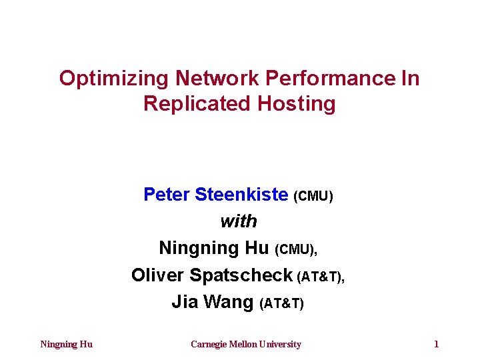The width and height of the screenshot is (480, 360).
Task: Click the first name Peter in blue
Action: click(167, 195)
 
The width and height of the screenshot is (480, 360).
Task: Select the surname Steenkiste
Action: click(241, 195)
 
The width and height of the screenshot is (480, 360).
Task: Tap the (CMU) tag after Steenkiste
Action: click(313, 196)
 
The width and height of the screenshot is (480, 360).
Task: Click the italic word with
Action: click(238, 221)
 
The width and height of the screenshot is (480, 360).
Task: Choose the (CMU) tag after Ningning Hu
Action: click(296, 249)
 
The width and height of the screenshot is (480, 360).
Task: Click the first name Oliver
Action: click(158, 275)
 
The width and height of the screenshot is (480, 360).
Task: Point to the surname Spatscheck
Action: click(241, 275)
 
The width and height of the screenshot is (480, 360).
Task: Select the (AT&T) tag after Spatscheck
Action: click(321, 277)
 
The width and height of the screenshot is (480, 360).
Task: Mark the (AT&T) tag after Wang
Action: click(281, 303)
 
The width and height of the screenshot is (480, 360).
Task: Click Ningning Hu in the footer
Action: click(67, 345)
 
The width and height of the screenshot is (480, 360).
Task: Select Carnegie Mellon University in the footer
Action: click(245, 345)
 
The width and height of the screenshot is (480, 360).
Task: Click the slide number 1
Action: click(436, 345)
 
